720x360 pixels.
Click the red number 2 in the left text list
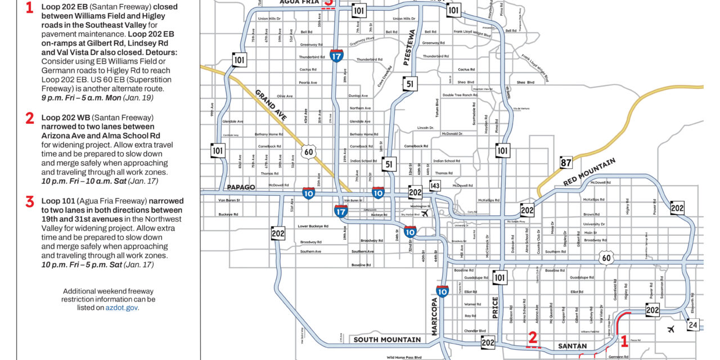tap(30, 118)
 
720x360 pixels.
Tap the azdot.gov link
tap(121, 308)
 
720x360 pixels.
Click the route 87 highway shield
tap(566, 163)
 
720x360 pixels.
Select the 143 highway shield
tap(434, 186)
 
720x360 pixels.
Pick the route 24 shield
tap(693, 325)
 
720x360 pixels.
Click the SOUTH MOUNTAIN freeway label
tap(387, 340)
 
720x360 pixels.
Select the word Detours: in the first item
tap(161, 51)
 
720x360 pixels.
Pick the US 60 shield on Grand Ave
tap(307, 151)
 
